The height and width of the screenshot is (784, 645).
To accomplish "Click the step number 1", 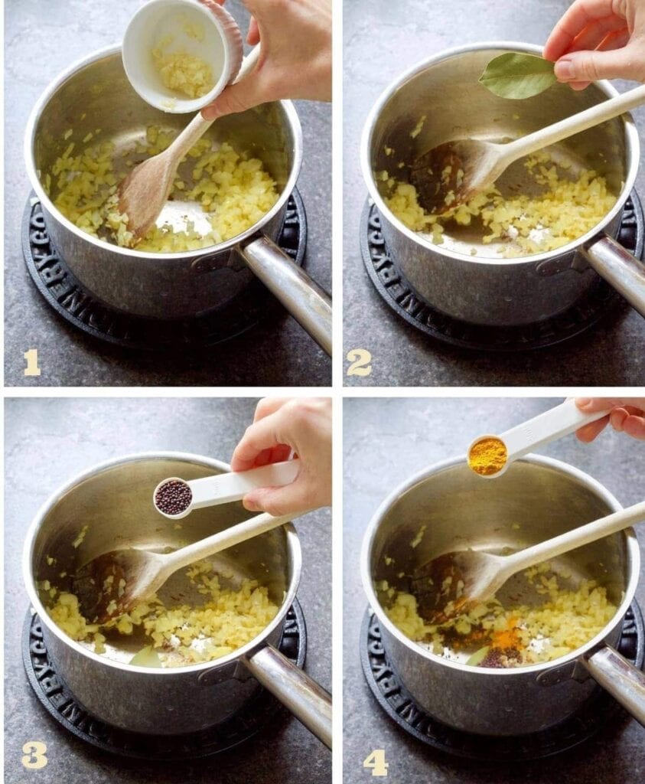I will [31, 362].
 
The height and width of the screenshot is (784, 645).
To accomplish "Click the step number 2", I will [358, 362].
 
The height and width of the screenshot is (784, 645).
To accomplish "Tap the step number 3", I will [33, 754].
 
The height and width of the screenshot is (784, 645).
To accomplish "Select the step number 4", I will [375, 762].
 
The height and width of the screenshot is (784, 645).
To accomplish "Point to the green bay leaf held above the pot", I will [518, 75].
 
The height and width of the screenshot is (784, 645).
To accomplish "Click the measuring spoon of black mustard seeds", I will [174, 497].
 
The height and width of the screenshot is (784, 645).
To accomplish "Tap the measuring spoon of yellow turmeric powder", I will [488, 456].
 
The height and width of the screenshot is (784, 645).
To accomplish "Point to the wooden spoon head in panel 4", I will [451, 586].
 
